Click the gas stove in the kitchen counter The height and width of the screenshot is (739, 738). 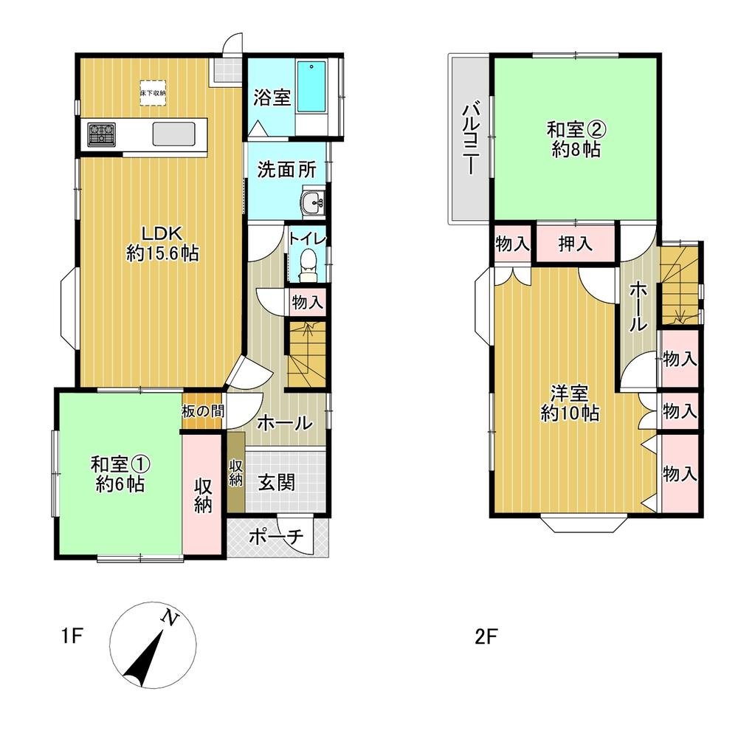[x=101, y=134]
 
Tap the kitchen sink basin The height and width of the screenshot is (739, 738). [x=173, y=134]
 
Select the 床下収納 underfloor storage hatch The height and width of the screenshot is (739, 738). [x=153, y=92]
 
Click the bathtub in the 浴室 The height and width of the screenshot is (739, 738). [x=311, y=87]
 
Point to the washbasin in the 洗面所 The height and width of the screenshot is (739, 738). [x=313, y=204]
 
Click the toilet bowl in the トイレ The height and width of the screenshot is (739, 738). [x=308, y=265]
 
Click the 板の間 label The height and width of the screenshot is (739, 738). [x=203, y=411]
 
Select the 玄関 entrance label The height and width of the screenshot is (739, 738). [x=277, y=483]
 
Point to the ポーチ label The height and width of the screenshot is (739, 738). [x=275, y=537]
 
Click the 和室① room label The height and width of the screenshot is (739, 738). [x=120, y=464]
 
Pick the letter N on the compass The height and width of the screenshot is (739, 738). [x=170, y=617]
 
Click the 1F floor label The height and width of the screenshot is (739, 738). [x=72, y=636]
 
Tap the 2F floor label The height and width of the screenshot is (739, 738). [x=486, y=638]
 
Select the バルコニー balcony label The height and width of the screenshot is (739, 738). [x=470, y=140]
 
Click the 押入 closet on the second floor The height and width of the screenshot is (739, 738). [x=576, y=244]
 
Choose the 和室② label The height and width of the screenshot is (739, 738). [x=576, y=130]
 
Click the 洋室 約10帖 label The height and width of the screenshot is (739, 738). [x=570, y=403]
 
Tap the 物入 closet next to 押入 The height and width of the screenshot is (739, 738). [x=513, y=244]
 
